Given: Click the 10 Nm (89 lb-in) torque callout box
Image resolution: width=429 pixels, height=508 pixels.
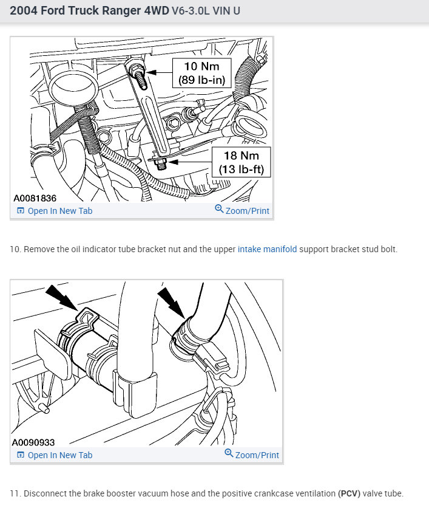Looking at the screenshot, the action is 202,73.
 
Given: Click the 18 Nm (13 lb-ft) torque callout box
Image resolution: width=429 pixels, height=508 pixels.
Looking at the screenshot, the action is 242,162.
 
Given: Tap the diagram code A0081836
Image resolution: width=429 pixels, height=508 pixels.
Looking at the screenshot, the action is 35,198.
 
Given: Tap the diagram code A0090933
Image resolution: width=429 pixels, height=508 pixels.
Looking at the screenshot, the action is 33,442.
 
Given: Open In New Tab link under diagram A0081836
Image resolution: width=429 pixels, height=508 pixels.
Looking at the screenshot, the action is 55,211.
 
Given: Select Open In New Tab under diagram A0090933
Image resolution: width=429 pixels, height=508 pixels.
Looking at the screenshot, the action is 55,455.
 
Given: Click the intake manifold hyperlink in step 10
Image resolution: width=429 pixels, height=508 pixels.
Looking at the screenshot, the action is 267,249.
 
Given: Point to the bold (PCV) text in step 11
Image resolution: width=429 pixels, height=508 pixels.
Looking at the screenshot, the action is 349,493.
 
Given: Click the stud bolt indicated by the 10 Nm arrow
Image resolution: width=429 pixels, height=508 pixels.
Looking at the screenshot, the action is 138,75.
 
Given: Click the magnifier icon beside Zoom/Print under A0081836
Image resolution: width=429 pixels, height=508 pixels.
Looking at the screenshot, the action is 219,208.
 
